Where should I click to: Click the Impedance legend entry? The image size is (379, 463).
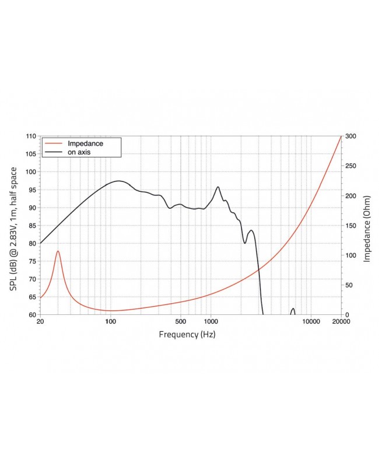point(86,143)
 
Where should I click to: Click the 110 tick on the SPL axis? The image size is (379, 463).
point(30,136)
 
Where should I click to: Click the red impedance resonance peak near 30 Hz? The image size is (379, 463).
point(58,251)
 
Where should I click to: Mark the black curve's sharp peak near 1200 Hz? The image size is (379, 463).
point(218,187)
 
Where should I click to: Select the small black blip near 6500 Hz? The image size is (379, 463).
point(293,309)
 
